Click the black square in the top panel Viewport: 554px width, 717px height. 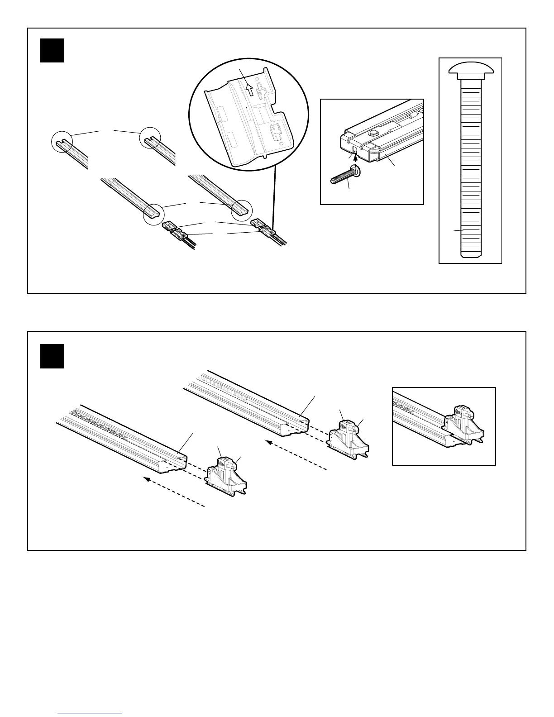point(52,50)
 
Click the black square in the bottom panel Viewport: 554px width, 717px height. point(52,356)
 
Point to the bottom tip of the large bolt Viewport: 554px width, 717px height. point(470,256)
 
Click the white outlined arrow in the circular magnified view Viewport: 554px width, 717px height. point(248,90)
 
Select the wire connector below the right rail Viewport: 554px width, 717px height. point(262,227)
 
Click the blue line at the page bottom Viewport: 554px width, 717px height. point(90,713)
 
